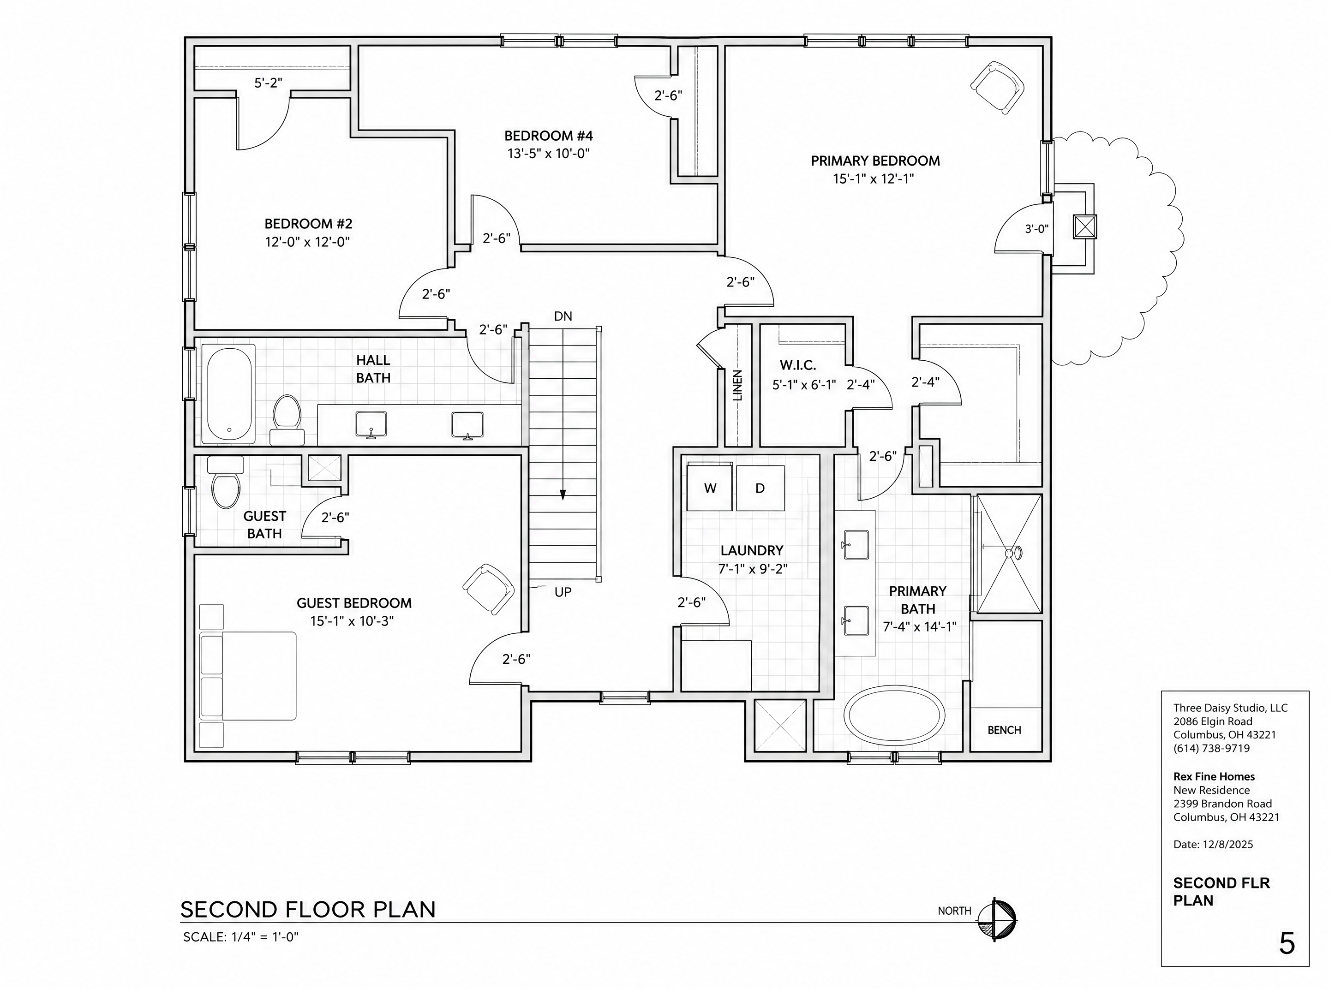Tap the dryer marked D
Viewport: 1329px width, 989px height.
(x=760, y=488)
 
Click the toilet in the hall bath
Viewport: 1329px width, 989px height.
(x=287, y=419)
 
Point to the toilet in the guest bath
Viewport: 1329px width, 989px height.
(x=226, y=482)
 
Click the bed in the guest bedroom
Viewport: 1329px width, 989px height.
(x=248, y=676)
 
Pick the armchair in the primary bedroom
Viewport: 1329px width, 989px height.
(x=997, y=87)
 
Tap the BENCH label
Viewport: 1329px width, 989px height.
(x=1005, y=730)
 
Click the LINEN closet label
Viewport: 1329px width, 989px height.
(x=737, y=385)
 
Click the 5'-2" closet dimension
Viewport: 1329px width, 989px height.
(x=268, y=83)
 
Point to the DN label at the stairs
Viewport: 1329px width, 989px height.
(x=563, y=316)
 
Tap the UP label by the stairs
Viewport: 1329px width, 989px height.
(x=563, y=592)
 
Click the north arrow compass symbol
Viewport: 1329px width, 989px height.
(x=997, y=919)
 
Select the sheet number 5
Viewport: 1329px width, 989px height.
(x=1287, y=944)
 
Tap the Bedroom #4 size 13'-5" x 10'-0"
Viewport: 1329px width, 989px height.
(x=549, y=153)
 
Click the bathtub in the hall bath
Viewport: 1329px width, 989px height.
(x=229, y=394)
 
